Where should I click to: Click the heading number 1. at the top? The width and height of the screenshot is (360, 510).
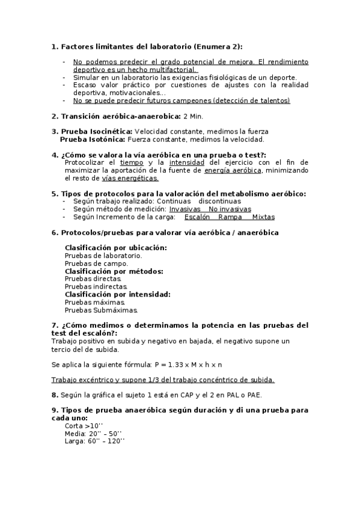coord(55,46)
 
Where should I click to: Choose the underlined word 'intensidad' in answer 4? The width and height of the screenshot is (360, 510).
coord(183,162)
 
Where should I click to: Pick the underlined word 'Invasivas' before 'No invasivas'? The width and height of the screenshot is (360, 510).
coord(185,209)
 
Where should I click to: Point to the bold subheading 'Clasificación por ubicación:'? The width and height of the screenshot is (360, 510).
coord(116,248)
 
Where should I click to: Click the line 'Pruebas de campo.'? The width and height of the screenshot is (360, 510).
coord(96,263)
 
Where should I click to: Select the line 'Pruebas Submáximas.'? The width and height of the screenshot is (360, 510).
coord(101,310)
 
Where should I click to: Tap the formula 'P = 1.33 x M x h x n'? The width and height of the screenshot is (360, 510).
coord(188,364)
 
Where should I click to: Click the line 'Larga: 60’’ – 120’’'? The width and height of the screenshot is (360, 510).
coord(94,441)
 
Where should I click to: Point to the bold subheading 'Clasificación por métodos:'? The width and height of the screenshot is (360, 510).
coord(114,271)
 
